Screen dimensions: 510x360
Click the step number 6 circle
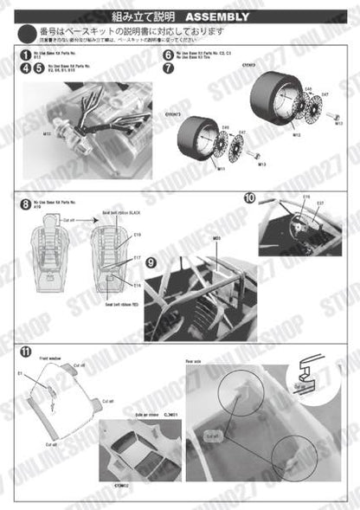(x=168, y=55)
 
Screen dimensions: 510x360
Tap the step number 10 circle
(x=249, y=198)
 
